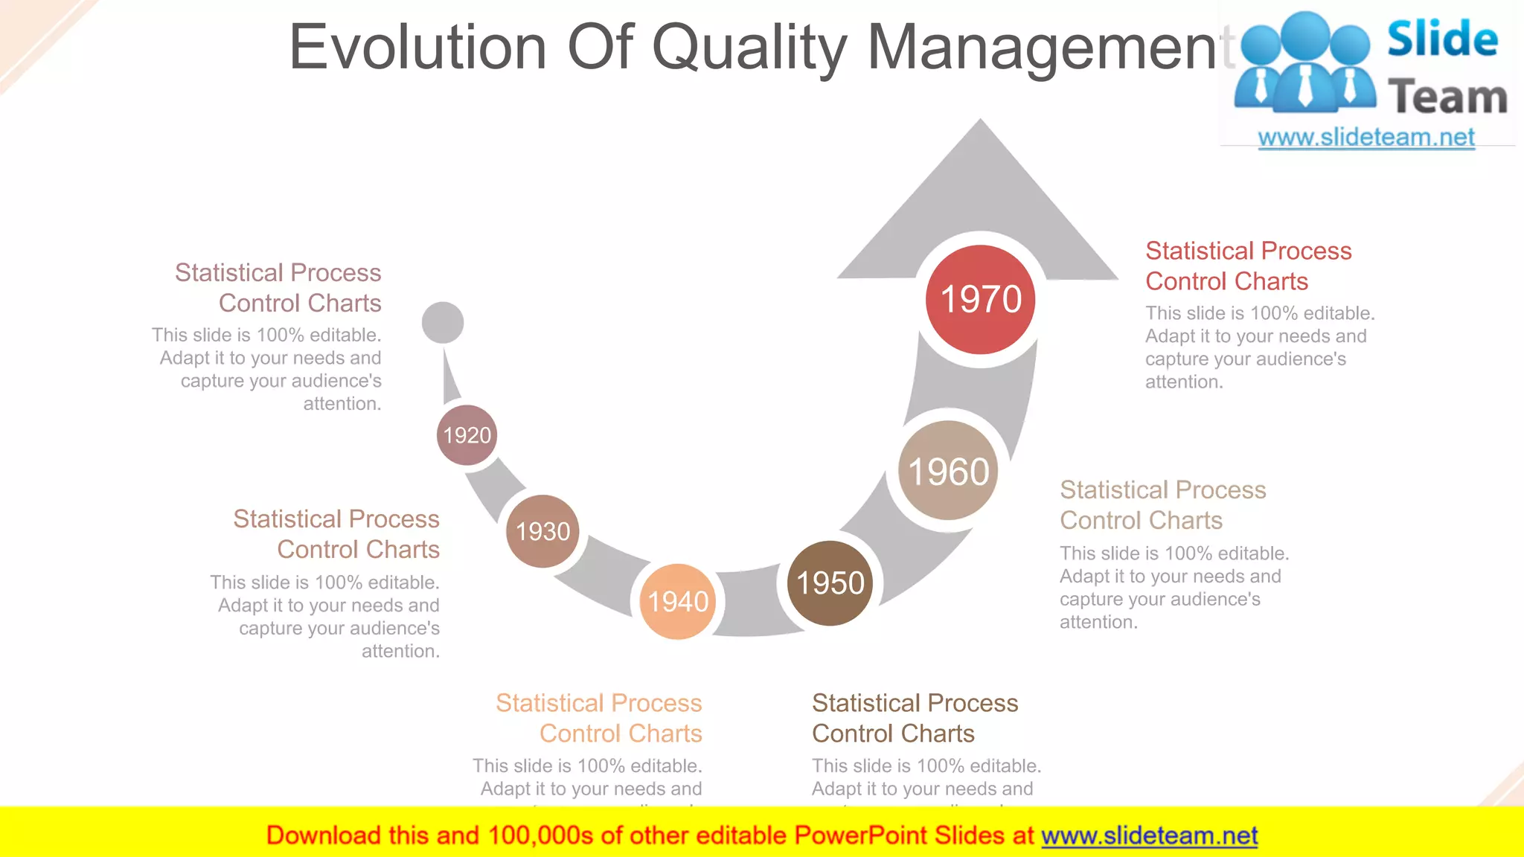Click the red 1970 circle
click(980, 299)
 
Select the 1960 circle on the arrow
click(948, 471)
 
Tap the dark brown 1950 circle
click(830, 582)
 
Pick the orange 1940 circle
click(677, 601)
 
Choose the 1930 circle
click(542, 531)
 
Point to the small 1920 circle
click(467, 434)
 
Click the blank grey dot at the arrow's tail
click(443, 323)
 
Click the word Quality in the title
click(749, 48)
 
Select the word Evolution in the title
click(417, 48)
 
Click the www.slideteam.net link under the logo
click(1365, 137)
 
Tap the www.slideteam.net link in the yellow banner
click(1149, 835)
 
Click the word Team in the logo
click(1447, 97)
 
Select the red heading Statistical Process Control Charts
click(1248, 266)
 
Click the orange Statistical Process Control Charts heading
click(599, 718)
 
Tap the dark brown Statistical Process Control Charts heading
click(915, 718)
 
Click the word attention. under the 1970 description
click(1184, 382)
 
